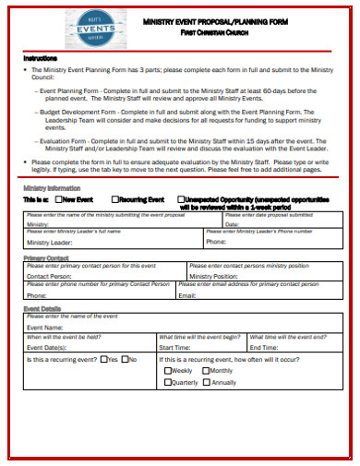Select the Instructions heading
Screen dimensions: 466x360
click(x=41, y=58)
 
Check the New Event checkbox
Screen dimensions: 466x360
click(x=59, y=198)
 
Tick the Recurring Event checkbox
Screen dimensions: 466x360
click(x=115, y=198)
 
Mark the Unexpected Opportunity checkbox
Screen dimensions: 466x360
click(x=180, y=198)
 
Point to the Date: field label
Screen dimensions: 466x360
click(x=216, y=223)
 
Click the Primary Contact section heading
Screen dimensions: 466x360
click(x=46, y=257)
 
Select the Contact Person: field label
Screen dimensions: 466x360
click(x=49, y=275)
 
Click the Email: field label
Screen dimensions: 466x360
click(x=187, y=295)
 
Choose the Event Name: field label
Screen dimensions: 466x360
click(x=45, y=327)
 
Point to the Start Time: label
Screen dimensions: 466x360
click(x=175, y=347)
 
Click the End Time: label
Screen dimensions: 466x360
click(x=264, y=347)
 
